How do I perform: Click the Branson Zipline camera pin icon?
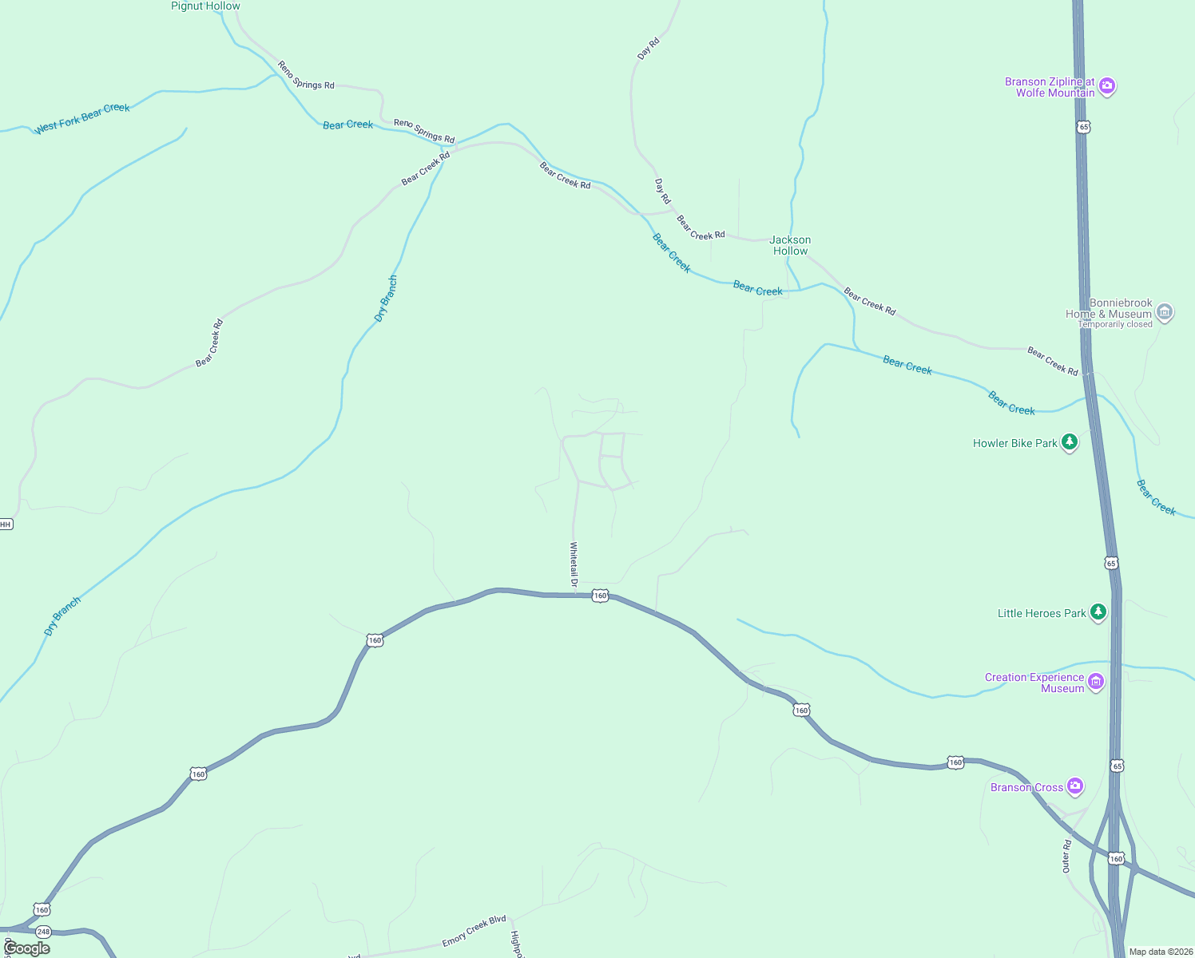(1106, 86)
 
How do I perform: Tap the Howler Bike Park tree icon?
(1070, 442)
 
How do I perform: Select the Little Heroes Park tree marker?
(1098, 612)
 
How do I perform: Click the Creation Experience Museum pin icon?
(1096, 682)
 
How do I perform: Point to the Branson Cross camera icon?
(1075, 786)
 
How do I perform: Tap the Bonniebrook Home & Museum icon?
(1165, 312)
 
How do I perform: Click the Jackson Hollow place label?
(790, 245)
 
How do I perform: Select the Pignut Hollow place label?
(205, 6)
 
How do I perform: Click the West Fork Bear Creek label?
(82, 118)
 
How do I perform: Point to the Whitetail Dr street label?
(574, 565)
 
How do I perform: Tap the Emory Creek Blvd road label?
(474, 931)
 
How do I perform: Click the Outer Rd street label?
(1066, 856)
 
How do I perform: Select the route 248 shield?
(43, 932)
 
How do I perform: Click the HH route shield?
(6, 525)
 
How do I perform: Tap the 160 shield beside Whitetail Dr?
(600, 596)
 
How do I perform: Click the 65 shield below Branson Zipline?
(1082, 127)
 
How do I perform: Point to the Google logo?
(26, 948)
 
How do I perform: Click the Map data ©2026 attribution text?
(1161, 952)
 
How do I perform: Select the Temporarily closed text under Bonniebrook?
(1115, 324)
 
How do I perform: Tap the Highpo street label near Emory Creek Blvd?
(516, 944)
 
